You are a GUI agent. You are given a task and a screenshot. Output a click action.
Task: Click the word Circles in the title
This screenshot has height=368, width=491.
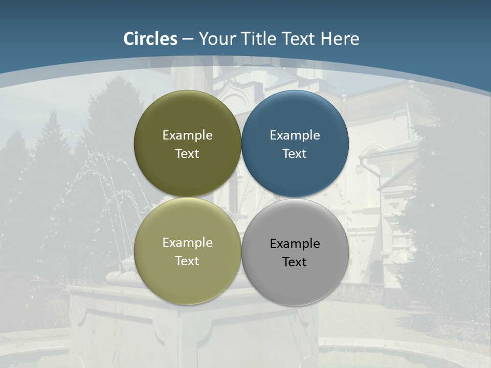pyautogui.click(x=150, y=39)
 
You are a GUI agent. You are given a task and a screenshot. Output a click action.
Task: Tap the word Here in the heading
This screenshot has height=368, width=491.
pyautogui.click(x=340, y=39)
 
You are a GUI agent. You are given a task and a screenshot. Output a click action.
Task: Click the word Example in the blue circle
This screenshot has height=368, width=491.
pyautogui.click(x=295, y=135)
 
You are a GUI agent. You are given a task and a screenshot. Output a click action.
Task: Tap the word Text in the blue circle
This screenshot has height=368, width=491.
pyautogui.click(x=295, y=154)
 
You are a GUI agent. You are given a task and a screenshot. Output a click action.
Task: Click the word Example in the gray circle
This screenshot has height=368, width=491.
pyautogui.click(x=295, y=244)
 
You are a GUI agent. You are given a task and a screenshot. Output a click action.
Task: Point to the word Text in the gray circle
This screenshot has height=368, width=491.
pyautogui.click(x=295, y=262)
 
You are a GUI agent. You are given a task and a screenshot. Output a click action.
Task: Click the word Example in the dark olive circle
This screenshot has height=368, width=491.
pyautogui.click(x=187, y=135)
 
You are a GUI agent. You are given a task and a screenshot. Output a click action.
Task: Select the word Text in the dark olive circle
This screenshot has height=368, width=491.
pyautogui.click(x=187, y=154)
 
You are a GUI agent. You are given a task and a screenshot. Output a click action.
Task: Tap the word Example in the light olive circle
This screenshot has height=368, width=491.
pyautogui.click(x=187, y=243)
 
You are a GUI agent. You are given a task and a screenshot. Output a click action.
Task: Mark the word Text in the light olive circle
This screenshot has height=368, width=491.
pyautogui.click(x=187, y=261)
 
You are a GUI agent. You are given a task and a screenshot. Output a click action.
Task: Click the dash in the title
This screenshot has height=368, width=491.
pyautogui.click(x=188, y=39)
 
